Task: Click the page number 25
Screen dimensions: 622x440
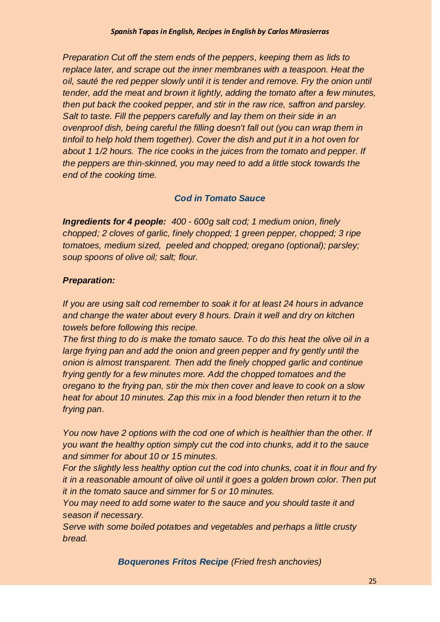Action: pyautogui.click(x=372, y=581)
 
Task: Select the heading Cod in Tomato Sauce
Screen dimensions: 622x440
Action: pyautogui.click(x=220, y=198)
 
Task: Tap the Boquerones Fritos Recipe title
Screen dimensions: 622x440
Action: pyautogui.click(x=173, y=562)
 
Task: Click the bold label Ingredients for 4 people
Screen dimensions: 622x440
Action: pyautogui.click(x=114, y=222)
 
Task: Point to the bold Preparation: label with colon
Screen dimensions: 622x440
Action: pyautogui.click(x=89, y=280)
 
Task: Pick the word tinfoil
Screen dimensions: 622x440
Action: pyautogui.click(x=77, y=139)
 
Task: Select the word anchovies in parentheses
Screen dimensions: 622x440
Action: pyautogui.click(x=299, y=562)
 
